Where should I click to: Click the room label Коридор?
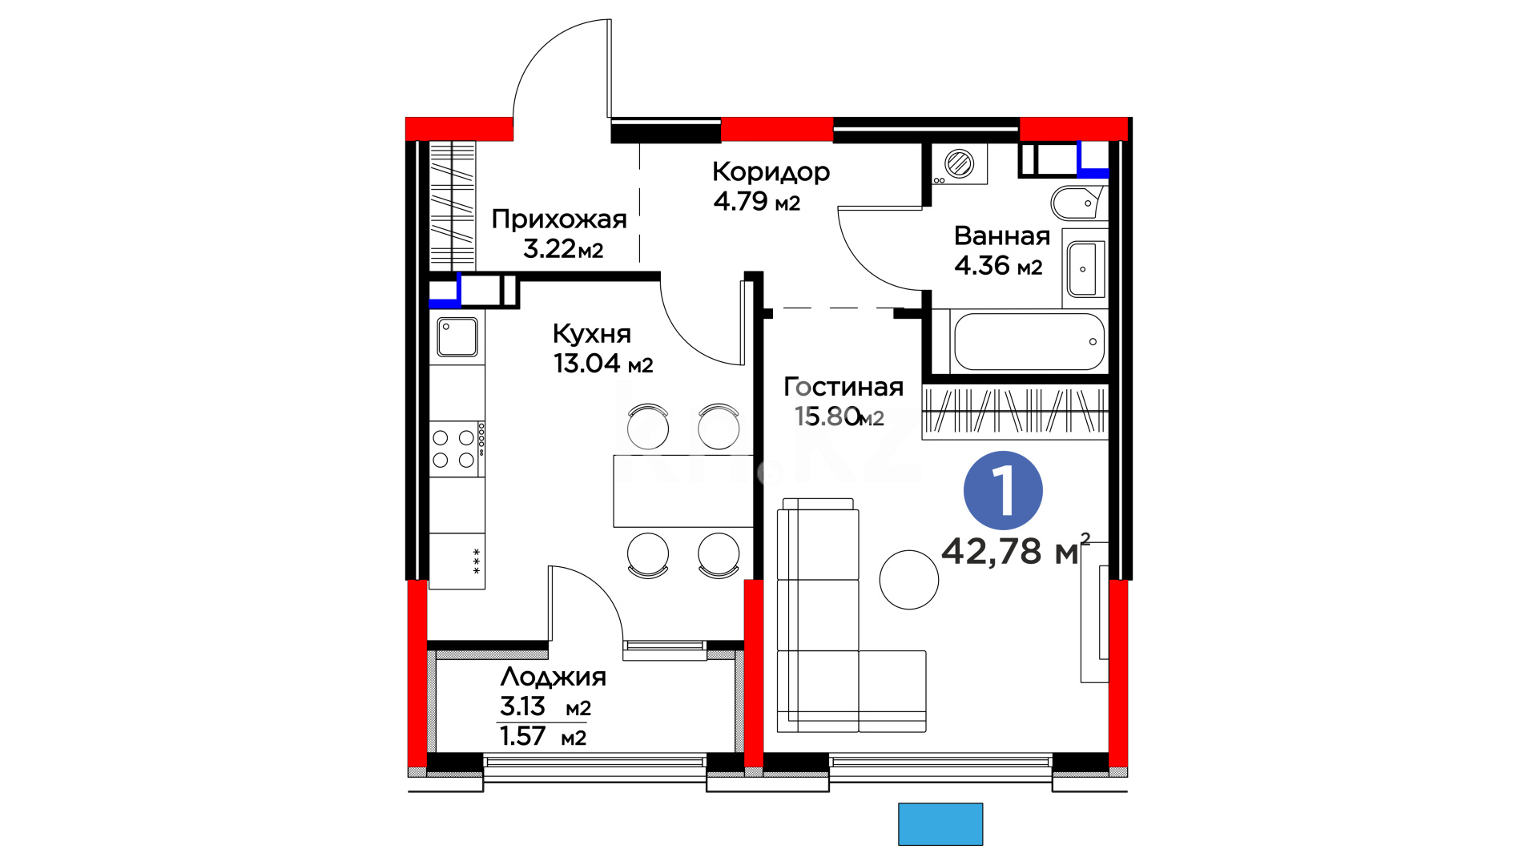tap(771, 171)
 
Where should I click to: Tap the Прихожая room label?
tap(559, 219)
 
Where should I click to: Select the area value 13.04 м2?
tap(603, 364)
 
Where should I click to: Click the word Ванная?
tap(1002, 235)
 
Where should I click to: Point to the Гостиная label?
tap(843, 387)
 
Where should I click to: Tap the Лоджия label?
tap(554, 678)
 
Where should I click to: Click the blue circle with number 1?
tap(1003, 490)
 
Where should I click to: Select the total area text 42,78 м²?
tap(1016, 550)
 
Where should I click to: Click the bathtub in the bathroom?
tap(1029, 342)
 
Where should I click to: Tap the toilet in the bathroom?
tap(1077, 203)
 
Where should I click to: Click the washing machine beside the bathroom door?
tap(959, 164)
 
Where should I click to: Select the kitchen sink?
tap(457, 336)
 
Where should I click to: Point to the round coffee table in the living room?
tap(908, 580)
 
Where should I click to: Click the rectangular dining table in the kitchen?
tap(683, 491)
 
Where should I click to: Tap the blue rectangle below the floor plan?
tap(940, 824)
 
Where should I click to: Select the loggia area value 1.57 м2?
tap(543, 736)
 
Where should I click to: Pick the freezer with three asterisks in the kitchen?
tap(457, 561)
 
